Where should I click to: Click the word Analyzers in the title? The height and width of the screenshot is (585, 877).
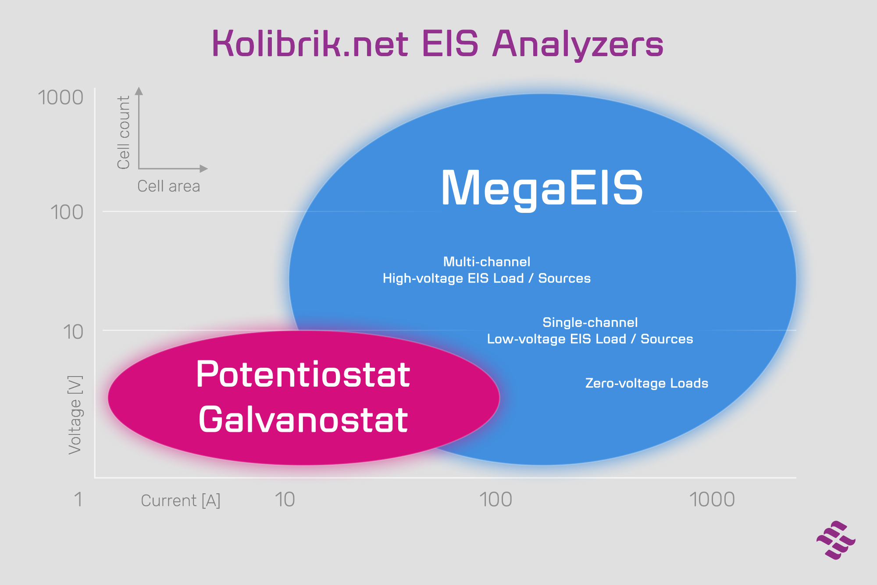tap(578, 44)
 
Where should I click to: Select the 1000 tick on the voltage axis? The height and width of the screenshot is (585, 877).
tap(61, 97)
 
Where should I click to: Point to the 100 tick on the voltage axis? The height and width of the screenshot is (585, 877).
tap(67, 212)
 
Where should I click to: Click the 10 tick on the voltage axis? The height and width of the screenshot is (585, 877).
tap(73, 332)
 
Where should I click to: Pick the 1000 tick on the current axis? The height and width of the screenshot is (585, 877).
tap(712, 499)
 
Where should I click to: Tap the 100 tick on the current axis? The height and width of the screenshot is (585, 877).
tap(496, 499)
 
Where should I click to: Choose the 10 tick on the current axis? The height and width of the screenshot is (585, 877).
tap(285, 499)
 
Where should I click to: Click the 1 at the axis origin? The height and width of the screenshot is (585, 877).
tap(78, 499)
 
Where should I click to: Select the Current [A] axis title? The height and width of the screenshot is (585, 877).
tap(181, 501)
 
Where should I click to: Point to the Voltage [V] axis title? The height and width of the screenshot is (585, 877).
tap(75, 415)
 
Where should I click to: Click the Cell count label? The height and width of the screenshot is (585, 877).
tap(124, 132)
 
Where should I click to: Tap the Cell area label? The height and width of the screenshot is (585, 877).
tap(169, 186)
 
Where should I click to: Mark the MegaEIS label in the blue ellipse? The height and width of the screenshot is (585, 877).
tap(542, 189)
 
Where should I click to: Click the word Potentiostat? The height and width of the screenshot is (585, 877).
tap(303, 374)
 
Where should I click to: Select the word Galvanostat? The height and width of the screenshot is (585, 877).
tap(303, 420)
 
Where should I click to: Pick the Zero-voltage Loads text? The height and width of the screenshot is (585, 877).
tap(647, 383)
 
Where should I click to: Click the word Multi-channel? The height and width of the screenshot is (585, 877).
tap(487, 262)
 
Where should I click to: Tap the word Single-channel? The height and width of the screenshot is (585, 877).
tap(590, 323)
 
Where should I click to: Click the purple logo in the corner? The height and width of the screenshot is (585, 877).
tap(836, 540)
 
